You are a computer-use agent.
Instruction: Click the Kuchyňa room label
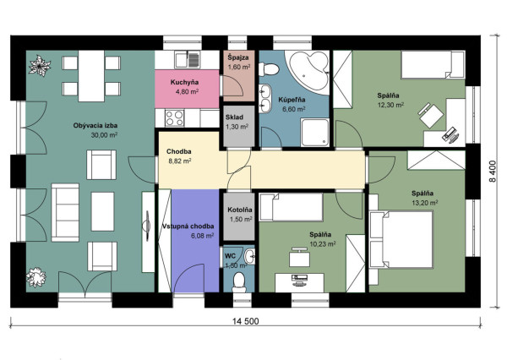[x=184, y=83]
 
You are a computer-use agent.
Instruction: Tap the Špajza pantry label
[x=238, y=58]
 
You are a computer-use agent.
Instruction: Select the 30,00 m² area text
[x=104, y=135]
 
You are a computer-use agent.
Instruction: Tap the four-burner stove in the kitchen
[x=175, y=118]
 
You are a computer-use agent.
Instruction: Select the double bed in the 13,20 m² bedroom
[x=401, y=239]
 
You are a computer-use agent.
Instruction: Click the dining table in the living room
[x=91, y=76]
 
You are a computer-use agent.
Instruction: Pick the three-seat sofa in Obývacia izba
[x=65, y=212]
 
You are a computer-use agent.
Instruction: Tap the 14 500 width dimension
[x=246, y=321]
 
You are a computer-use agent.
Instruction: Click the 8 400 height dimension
[x=492, y=172]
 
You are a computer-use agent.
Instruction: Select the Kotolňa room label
[x=240, y=210]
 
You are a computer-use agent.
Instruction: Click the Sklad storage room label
[x=234, y=117]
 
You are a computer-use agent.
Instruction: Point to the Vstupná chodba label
[x=188, y=226]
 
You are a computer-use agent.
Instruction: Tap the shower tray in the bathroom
[x=315, y=133]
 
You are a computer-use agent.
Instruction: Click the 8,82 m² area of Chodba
[x=180, y=161]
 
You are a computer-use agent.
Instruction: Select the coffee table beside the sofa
[x=102, y=211]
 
